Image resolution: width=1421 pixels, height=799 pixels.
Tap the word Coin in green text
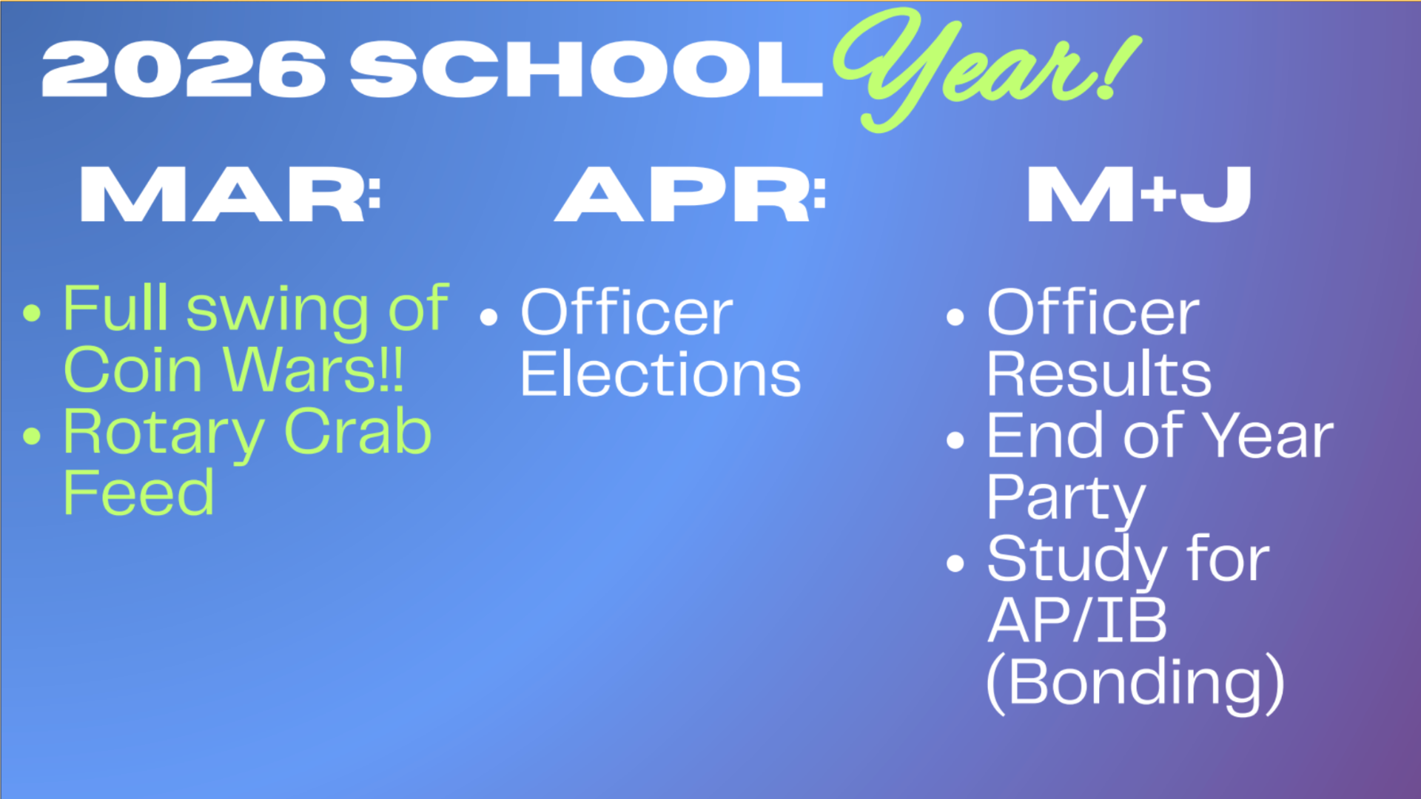point(133,370)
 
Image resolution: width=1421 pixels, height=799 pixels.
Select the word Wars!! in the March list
point(314,370)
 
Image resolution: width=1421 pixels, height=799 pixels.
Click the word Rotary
point(164,435)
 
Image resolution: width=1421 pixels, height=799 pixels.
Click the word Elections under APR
point(661,374)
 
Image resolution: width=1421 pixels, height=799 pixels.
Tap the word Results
point(1100,374)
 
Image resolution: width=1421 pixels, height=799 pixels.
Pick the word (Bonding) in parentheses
point(1136,684)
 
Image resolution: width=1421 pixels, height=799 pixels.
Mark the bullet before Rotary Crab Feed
point(32,436)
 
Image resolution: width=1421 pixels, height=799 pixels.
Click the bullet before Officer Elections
point(488,317)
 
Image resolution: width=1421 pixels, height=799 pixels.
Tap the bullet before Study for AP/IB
point(955,564)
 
